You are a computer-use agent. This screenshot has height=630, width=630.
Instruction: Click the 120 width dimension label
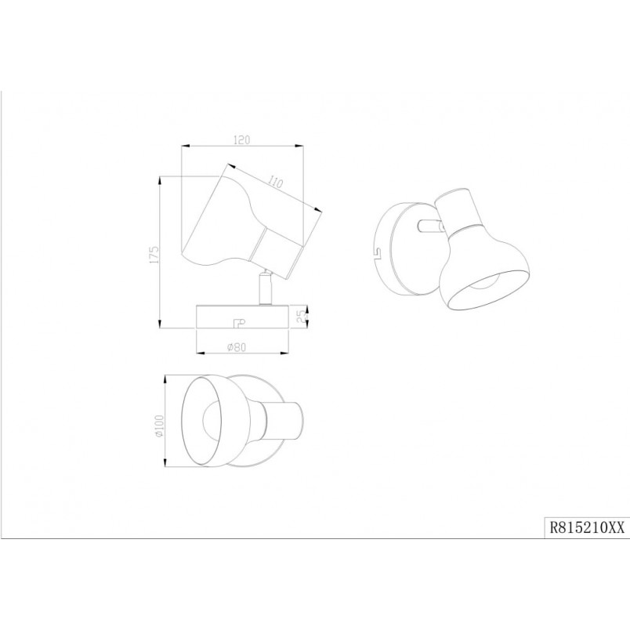pos(241,139)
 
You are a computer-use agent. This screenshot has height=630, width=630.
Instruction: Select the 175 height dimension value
pos(154,255)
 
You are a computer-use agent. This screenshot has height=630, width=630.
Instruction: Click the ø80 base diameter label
pos(236,347)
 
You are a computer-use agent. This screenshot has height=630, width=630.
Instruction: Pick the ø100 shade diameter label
pos(160,426)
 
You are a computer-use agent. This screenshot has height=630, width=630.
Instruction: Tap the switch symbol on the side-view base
pos(239,322)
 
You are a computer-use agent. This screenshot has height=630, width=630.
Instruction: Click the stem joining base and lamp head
pos(266,288)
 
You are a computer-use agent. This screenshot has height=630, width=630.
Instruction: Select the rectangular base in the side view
pos(242,317)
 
